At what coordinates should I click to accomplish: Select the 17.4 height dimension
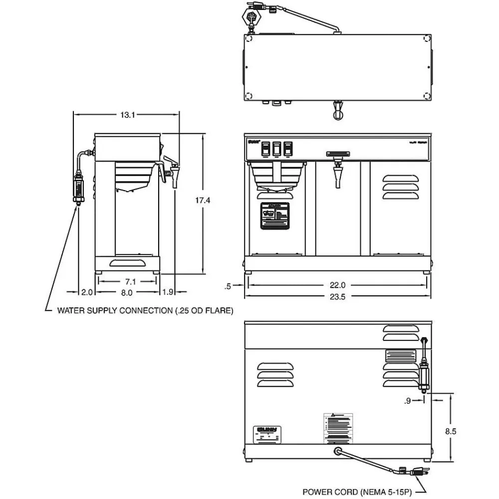(203, 201)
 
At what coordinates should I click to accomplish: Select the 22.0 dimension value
(337, 285)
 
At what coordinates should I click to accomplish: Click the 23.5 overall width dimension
(337, 297)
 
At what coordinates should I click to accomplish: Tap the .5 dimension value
(228, 286)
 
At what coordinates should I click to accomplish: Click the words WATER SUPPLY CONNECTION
(115, 310)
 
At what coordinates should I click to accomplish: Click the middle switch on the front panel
(276, 148)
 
